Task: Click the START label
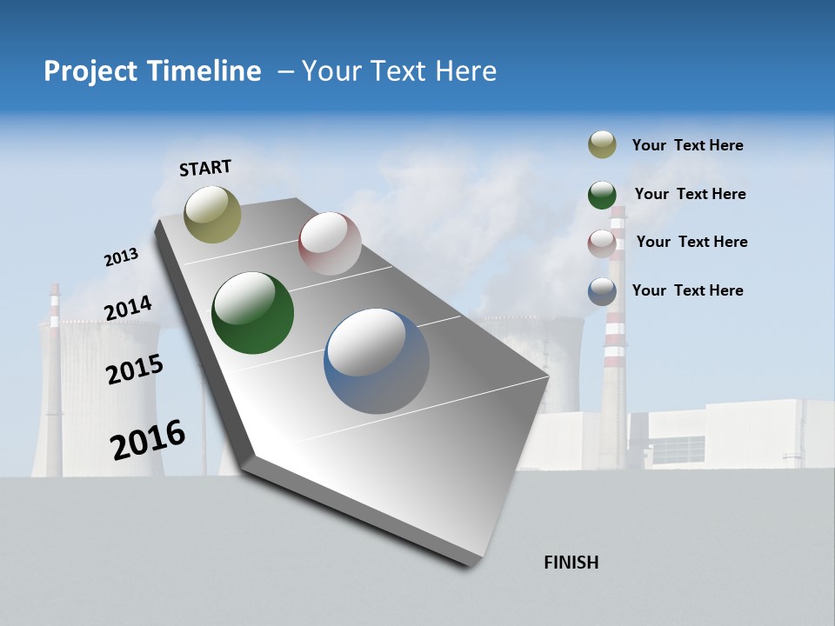click(x=205, y=168)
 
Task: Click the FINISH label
click(x=571, y=563)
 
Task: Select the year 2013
click(x=121, y=257)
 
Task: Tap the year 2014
click(x=128, y=309)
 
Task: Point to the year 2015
click(x=135, y=370)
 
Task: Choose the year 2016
click(x=148, y=440)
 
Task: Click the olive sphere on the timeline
click(x=213, y=214)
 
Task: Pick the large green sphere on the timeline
click(x=253, y=313)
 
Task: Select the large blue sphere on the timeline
click(x=377, y=361)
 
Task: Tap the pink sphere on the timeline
click(x=330, y=243)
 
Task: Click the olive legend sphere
click(x=602, y=144)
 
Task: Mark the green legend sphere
click(x=602, y=195)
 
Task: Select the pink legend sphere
click(x=602, y=243)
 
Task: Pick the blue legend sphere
click(x=602, y=291)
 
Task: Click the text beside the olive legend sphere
click(x=687, y=145)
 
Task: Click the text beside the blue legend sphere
click(x=687, y=290)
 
